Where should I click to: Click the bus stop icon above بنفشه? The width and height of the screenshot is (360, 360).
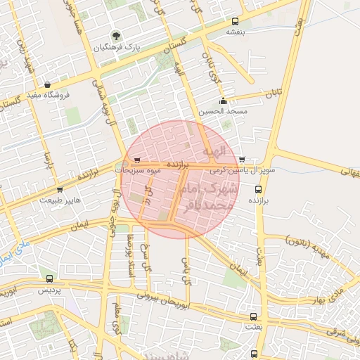click(x=234, y=21)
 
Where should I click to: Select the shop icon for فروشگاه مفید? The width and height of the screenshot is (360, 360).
click(x=46, y=84)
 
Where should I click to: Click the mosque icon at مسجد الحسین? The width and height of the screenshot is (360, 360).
click(x=223, y=101)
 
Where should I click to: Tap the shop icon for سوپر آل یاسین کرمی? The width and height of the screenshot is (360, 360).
click(x=242, y=160)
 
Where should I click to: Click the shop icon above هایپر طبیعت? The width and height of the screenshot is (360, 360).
click(x=59, y=189)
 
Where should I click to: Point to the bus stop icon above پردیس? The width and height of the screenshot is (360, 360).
click(x=49, y=278)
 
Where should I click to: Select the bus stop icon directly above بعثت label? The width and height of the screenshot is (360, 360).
click(x=254, y=316)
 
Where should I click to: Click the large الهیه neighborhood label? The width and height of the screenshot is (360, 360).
click(x=214, y=151)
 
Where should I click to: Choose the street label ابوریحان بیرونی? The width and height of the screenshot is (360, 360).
click(x=162, y=300)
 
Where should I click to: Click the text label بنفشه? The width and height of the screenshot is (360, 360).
click(x=234, y=32)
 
